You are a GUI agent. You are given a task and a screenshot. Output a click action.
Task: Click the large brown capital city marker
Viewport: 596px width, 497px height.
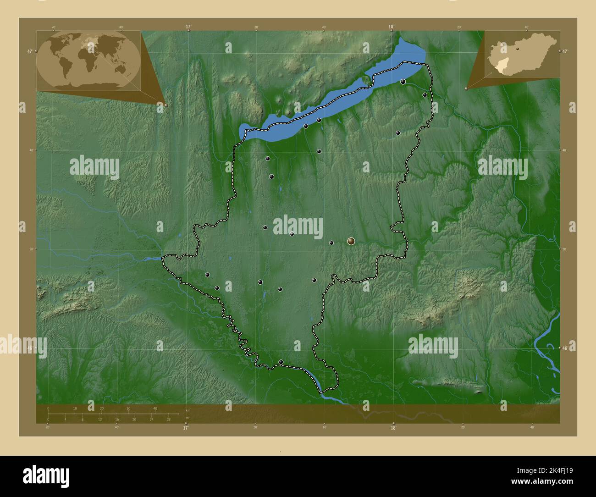[x=351, y=241]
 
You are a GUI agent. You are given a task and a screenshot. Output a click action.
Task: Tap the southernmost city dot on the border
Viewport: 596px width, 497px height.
[x=281, y=362]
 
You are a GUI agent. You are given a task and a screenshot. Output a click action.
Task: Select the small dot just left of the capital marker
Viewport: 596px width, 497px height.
[x=331, y=243]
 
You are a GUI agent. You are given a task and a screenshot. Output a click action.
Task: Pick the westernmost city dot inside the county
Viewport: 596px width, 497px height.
[x=208, y=275]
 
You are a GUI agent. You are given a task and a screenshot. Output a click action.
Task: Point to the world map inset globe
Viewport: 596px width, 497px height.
[x=88, y=61]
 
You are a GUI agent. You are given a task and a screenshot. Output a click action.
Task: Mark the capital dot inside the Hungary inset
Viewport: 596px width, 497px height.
[x=518, y=47]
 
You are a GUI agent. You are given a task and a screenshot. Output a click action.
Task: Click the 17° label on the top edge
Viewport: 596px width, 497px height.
[x=188, y=27]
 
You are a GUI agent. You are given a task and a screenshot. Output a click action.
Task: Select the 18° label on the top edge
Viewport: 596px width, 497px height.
[x=392, y=27]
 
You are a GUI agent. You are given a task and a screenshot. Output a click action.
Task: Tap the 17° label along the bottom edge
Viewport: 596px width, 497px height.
[x=186, y=428]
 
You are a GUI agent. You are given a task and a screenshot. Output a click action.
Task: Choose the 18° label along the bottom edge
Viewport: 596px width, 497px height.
[x=393, y=428]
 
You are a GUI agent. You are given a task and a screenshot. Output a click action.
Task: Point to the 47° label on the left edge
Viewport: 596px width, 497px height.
[x=30, y=51]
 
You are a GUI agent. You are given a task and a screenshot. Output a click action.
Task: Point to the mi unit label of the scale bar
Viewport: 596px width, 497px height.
[x=188, y=418]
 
